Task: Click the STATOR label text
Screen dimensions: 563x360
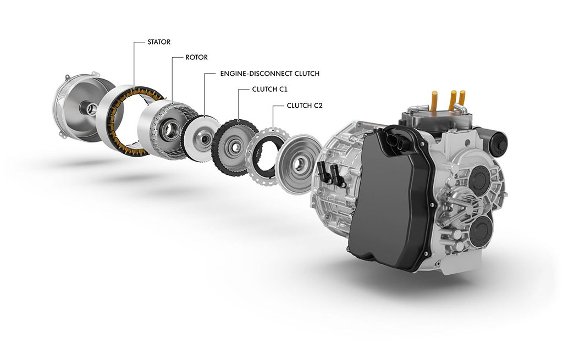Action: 159,42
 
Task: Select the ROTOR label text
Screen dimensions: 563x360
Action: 196,57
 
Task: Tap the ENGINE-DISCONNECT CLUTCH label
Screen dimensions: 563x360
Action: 269,74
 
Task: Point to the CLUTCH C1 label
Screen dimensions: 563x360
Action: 269,90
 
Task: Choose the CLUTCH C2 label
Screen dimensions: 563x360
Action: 305,106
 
